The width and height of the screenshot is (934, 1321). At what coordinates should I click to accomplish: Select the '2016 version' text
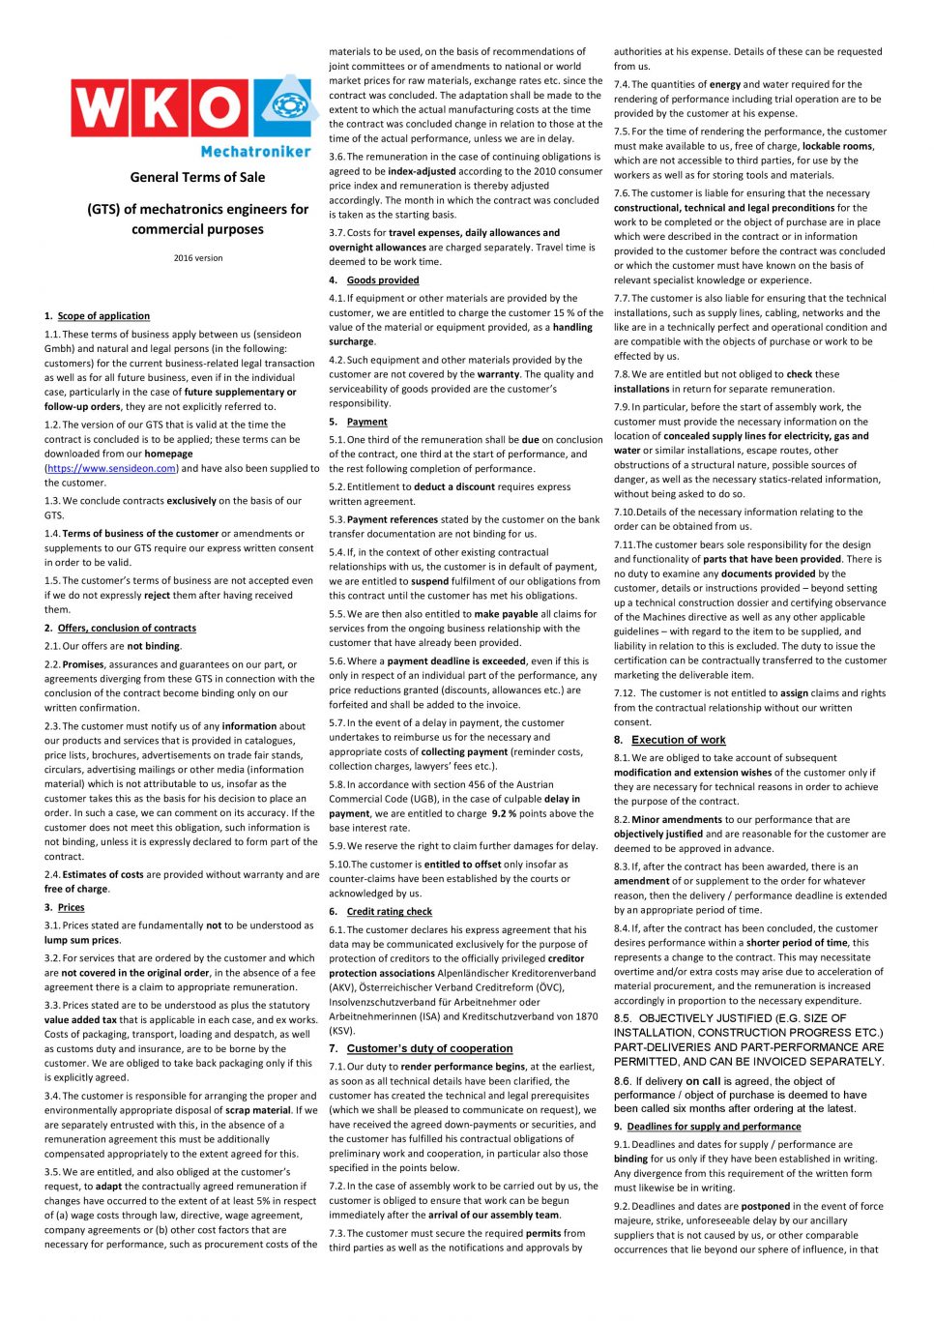[x=198, y=258]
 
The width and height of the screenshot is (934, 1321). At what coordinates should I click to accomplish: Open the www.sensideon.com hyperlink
[x=111, y=468]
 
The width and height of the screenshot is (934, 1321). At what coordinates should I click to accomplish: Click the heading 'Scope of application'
[x=103, y=316]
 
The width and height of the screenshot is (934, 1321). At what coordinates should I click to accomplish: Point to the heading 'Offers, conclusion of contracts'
[x=127, y=628]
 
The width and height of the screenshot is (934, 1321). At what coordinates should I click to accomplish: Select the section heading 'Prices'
[x=71, y=907]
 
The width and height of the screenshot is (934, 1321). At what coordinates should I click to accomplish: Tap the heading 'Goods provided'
[x=383, y=280]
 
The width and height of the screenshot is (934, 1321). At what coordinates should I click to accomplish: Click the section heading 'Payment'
[x=367, y=422]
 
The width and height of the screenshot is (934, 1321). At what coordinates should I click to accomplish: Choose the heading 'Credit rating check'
[x=390, y=911]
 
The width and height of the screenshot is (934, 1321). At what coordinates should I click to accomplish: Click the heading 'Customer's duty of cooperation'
[x=429, y=1048]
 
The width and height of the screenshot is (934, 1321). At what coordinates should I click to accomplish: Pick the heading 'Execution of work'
[x=678, y=740]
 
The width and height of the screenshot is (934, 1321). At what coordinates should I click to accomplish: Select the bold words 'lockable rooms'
[x=837, y=146]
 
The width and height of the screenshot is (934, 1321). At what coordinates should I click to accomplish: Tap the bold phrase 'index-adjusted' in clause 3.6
[x=422, y=171]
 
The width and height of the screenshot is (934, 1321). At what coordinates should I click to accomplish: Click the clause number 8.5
[x=623, y=1018]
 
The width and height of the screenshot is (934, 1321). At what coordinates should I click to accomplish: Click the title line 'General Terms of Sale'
[x=197, y=177]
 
